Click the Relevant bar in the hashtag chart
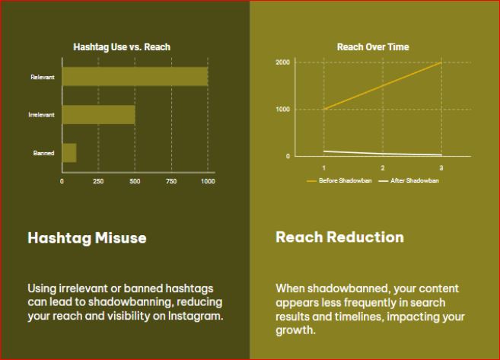coord(135,77)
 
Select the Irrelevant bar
coord(98,115)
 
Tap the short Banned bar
coord(69,153)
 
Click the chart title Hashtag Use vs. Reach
coord(122,47)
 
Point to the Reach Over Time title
coord(373,47)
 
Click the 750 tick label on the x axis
coord(171,181)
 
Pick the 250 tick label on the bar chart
coord(98,181)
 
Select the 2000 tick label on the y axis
coord(283,62)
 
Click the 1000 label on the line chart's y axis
coord(283,110)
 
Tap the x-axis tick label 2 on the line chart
coord(383,168)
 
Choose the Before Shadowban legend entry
coord(339,180)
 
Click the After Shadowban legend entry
coord(409,180)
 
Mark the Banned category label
coord(43,153)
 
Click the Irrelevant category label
coord(41,115)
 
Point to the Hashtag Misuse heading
coord(87,238)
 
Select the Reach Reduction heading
coord(339,237)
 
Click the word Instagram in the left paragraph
coord(196,316)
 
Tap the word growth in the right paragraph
coord(295,330)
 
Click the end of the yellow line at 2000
coord(441,62)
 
